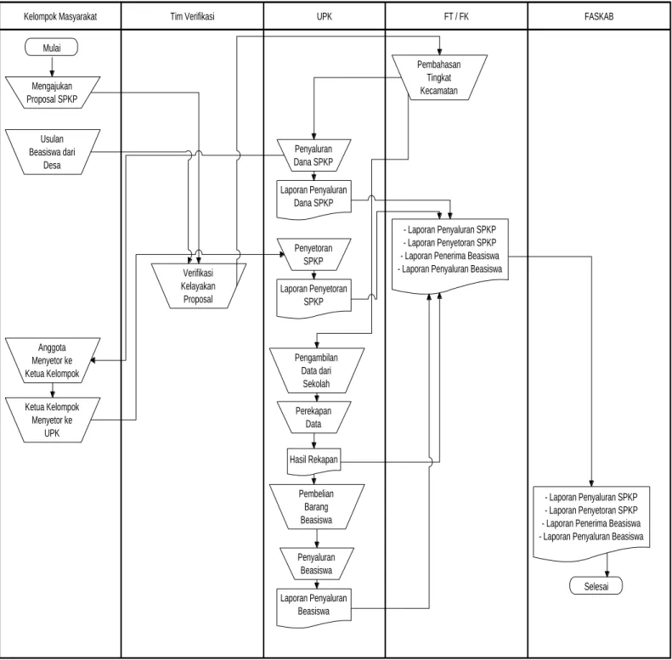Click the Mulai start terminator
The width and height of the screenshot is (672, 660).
click(x=52, y=48)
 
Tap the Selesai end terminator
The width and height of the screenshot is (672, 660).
click(x=596, y=586)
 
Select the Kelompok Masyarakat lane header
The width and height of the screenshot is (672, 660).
click(x=60, y=16)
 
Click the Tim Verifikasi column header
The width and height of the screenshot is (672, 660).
click(x=192, y=16)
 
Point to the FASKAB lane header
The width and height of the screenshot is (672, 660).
click(x=599, y=16)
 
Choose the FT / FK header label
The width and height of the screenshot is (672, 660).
click(x=456, y=16)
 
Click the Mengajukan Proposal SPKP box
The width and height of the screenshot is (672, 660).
click(x=53, y=93)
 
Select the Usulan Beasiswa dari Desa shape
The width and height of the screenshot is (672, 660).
click(x=53, y=152)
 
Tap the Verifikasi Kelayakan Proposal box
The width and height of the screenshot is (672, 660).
click(x=199, y=286)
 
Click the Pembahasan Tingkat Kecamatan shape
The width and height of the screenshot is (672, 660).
click(x=439, y=77)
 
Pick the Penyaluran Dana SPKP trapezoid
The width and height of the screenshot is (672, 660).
click(x=313, y=155)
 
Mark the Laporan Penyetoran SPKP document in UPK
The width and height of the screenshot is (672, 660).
click(x=313, y=298)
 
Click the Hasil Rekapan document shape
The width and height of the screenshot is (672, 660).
click(x=313, y=461)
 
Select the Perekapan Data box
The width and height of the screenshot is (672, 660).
click(x=313, y=417)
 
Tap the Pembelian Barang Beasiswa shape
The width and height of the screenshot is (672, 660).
click(x=317, y=507)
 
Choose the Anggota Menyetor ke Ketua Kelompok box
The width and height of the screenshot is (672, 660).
click(x=53, y=360)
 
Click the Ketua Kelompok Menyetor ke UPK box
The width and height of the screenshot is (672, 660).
click(x=53, y=420)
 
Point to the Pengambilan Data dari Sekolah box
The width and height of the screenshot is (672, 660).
click(x=317, y=370)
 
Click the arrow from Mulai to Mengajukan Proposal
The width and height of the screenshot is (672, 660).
click(x=53, y=66)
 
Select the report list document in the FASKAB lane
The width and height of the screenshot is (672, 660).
click(x=591, y=522)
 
